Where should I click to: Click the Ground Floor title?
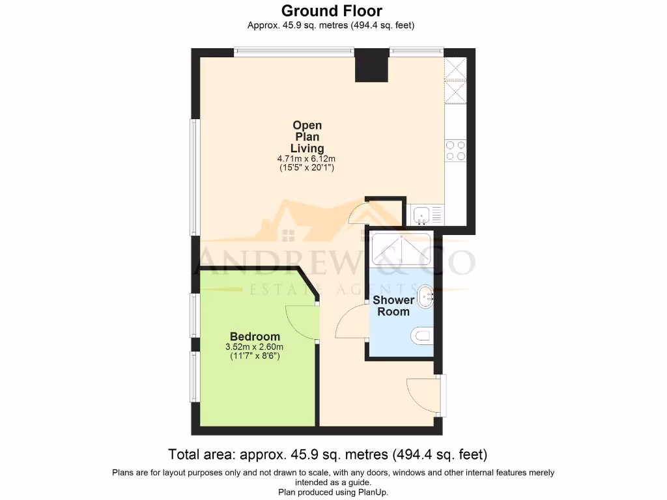332,11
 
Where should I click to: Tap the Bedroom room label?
255,337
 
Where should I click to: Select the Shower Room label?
393,306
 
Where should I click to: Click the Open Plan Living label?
307,137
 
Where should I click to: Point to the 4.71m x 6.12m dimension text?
307,159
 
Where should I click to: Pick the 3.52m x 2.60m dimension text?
255,347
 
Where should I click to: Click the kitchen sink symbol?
422,213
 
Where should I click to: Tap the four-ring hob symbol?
455,150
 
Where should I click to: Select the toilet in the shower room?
423,336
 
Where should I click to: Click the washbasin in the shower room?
425,297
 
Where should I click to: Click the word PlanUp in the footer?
373,492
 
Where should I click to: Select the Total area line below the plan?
328,454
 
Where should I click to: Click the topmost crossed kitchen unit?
455,68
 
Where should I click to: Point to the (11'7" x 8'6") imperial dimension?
255,357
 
